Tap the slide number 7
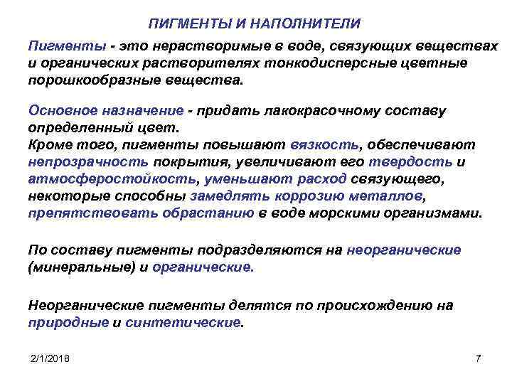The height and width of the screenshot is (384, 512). (x=477, y=358)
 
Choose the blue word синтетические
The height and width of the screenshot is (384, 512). (x=183, y=321)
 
